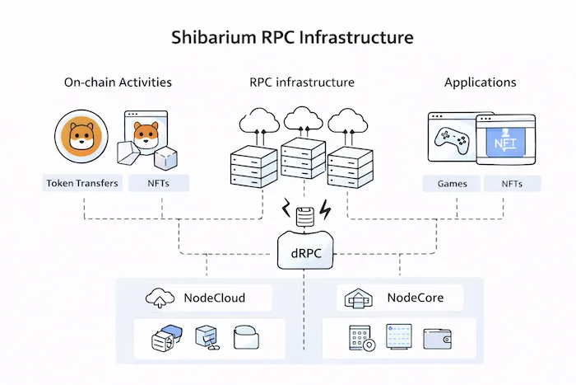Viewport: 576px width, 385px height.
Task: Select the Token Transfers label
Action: point(81,183)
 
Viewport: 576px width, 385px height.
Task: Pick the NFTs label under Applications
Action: point(511,183)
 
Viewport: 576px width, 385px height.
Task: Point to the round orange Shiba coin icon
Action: point(81,138)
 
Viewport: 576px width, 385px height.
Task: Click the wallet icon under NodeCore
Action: point(438,338)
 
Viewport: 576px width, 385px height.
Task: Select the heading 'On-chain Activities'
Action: point(118,82)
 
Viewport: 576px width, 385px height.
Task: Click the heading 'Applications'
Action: point(480,82)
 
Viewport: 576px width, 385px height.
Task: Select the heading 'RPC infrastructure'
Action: point(302,82)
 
